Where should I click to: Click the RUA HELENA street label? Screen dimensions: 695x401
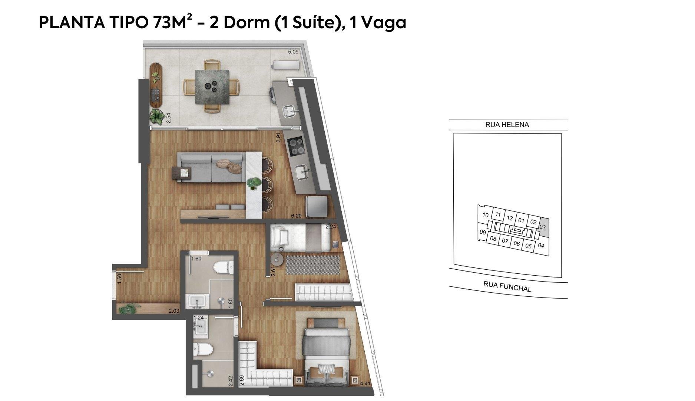507,125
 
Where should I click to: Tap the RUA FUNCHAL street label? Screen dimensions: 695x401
507,286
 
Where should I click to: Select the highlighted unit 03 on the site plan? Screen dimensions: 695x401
543,226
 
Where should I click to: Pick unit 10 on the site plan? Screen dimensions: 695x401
486,215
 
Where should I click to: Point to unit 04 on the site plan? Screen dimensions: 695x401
541,245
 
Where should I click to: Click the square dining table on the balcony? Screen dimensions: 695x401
212,86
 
